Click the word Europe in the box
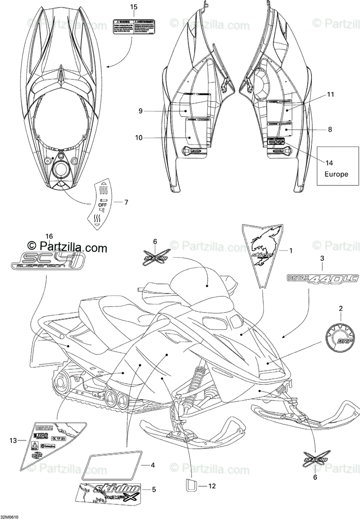click(336, 174)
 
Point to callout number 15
click(133, 7)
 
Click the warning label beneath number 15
click(133, 27)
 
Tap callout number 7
click(126, 202)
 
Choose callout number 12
click(211, 486)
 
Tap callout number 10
click(139, 138)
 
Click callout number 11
click(330, 94)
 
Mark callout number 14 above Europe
click(330, 163)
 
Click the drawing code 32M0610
click(10, 517)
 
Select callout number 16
click(49, 236)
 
